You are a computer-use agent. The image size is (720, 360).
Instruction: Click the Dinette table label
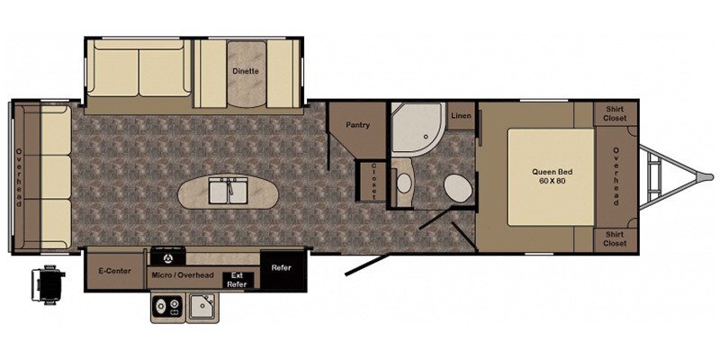245,71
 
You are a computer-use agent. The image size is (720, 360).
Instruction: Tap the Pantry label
357,124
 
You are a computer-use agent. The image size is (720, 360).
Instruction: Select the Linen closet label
461,116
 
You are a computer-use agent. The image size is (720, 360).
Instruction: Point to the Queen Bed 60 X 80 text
553,176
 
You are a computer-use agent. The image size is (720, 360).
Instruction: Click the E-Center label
114,271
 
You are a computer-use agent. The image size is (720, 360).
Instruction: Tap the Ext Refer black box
237,280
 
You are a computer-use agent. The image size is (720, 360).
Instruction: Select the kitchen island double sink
229,191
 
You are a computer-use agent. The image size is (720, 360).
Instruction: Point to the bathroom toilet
458,188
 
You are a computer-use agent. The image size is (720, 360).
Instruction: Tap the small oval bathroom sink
403,184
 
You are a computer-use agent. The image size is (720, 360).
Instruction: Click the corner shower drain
426,137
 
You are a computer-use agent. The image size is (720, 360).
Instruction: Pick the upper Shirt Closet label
615,114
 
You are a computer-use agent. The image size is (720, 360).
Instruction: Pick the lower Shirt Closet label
615,239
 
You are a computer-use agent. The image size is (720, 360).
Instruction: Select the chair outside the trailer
48,284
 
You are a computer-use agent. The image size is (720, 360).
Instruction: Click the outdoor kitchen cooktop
168,306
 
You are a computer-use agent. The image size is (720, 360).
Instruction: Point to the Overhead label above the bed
616,176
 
